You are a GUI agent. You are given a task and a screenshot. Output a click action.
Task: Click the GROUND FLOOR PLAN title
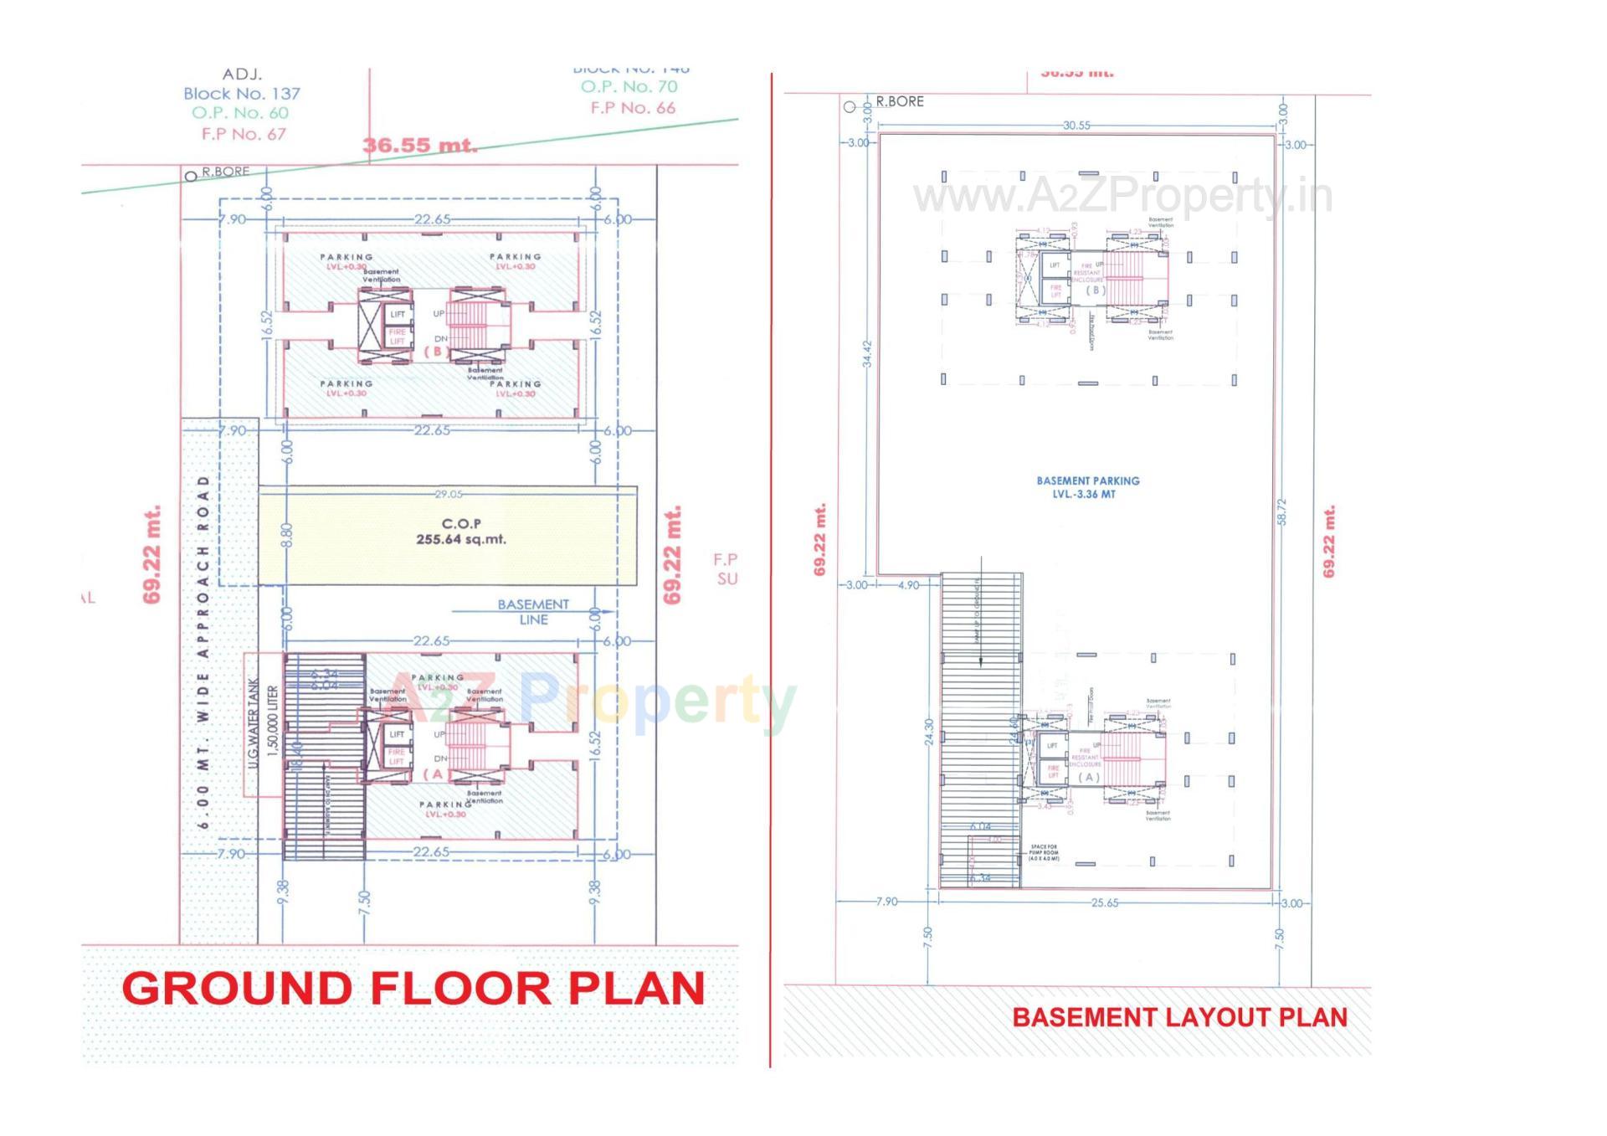pyautogui.click(x=413, y=989)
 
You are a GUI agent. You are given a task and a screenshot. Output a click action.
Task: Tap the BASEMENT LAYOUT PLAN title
pyautogui.click(x=1179, y=1017)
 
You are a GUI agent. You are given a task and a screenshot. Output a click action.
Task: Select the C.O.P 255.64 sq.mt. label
pyautogui.click(x=461, y=532)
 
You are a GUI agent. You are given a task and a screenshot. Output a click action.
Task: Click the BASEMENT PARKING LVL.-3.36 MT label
pyautogui.click(x=1087, y=487)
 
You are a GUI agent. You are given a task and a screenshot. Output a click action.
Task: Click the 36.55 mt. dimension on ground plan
pyautogui.click(x=419, y=145)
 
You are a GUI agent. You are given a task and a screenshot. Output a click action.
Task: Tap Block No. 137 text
pyautogui.click(x=241, y=94)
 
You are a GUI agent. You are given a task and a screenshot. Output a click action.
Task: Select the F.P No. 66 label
pyautogui.click(x=633, y=108)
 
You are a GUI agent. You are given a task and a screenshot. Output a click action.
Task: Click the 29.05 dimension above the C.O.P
pyautogui.click(x=449, y=494)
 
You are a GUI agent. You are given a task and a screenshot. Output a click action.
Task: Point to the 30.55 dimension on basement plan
pyautogui.click(x=1076, y=126)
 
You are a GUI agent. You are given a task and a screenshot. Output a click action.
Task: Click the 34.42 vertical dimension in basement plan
pyautogui.click(x=867, y=353)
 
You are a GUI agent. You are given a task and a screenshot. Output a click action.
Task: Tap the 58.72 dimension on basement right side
pyautogui.click(x=1281, y=512)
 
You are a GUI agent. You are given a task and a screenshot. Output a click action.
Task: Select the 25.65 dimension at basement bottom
pyautogui.click(x=1105, y=902)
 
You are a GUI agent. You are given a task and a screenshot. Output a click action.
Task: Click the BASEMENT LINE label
pyautogui.click(x=533, y=611)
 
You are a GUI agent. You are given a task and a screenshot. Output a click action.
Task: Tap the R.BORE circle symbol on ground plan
pyautogui.click(x=191, y=176)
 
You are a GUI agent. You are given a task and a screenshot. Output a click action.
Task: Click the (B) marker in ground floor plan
pyautogui.click(x=436, y=351)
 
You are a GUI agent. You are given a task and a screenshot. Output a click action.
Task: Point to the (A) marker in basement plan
pyautogui.click(x=1088, y=777)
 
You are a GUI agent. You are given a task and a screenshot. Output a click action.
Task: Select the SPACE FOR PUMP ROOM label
pyautogui.click(x=1045, y=853)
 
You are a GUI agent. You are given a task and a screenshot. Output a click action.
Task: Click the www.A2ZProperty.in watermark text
pyautogui.click(x=1122, y=198)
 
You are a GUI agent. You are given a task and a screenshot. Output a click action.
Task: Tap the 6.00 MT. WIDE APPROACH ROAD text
pyautogui.click(x=203, y=653)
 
